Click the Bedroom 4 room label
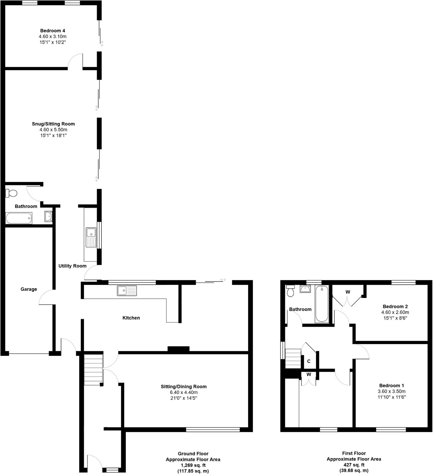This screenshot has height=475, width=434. (52, 31)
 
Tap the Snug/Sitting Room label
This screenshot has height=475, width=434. (53, 124)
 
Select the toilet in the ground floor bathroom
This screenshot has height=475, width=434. (11, 193)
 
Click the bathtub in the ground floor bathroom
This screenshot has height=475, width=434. (19, 218)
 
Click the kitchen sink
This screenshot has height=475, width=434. (127, 290)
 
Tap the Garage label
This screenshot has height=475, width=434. (29, 289)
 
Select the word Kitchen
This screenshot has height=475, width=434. (131, 318)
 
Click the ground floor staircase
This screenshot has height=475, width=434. (93, 370)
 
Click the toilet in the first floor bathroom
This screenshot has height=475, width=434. (290, 291)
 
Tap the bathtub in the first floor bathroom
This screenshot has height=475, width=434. (322, 304)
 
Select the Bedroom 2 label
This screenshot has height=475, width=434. (395, 306)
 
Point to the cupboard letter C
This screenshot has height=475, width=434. (309, 361)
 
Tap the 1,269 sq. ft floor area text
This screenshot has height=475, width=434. (193, 465)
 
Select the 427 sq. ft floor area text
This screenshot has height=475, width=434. (354, 465)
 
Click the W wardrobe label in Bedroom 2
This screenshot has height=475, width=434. (348, 292)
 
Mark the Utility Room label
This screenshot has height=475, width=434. (72, 266)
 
